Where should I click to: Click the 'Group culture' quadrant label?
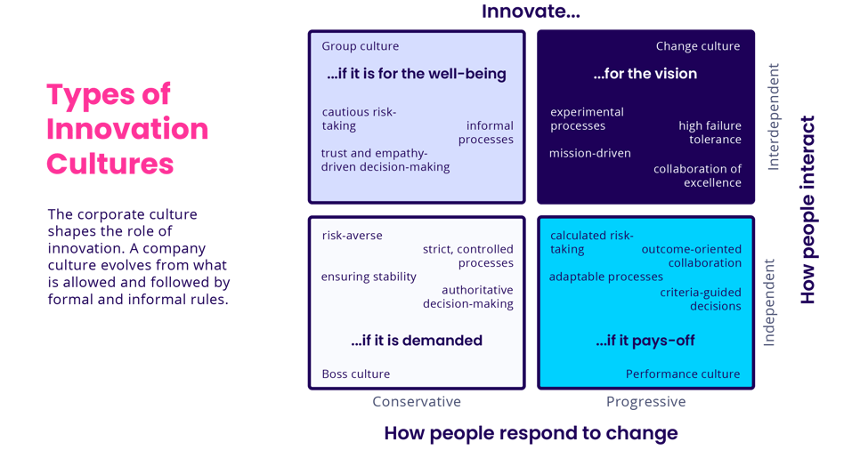pos(360,46)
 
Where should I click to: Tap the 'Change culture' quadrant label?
pos(697,46)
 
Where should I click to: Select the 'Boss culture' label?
pos(355,374)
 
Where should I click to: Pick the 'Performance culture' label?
pos(682,374)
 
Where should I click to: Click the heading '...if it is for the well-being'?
pos(416,74)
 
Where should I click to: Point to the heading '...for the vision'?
pos(645,74)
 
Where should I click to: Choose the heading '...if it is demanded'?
pos(416,341)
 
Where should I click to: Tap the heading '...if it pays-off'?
pos(645,341)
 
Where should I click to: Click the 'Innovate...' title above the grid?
pos(531,12)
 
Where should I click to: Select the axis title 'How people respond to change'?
pos(531,433)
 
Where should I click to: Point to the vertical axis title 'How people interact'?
pos(807,210)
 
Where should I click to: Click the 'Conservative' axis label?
pos(417,402)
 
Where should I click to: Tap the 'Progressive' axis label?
pos(645,402)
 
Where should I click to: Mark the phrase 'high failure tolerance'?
pos(710,133)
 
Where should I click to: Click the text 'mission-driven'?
pos(589,153)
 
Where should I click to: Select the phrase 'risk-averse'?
pos(352,236)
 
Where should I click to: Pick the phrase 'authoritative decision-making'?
pos(477,297)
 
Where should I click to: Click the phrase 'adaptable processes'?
pos(605,277)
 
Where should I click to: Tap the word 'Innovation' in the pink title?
pos(126,130)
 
